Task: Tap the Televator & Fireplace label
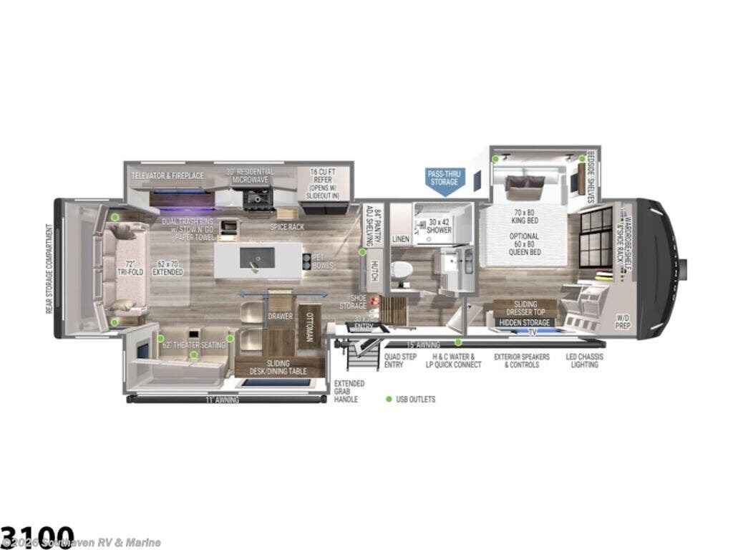click(x=168, y=175)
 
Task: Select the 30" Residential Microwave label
click(x=250, y=176)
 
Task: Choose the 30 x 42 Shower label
click(x=439, y=226)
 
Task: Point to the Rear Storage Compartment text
click(x=49, y=269)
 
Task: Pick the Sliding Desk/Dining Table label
click(x=278, y=367)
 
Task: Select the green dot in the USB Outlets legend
click(x=389, y=399)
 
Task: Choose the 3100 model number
click(x=37, y=536)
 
